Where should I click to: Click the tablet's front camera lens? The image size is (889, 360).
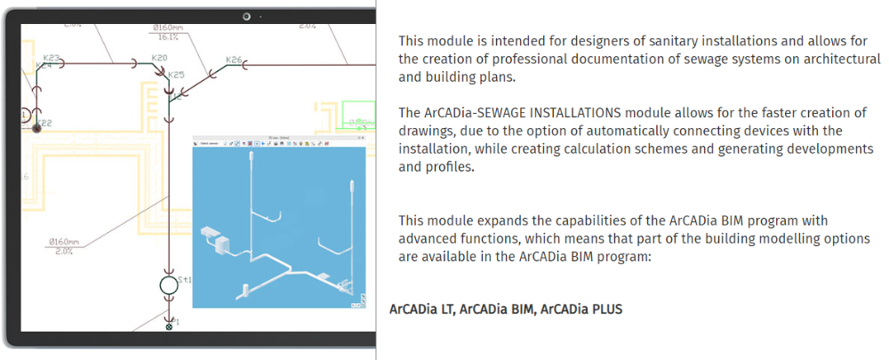coord(246,15)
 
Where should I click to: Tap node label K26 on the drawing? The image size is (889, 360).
coord(233,60)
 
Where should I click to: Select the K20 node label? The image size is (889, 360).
coord(159,58)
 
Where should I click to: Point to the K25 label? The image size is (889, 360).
coord(176,76)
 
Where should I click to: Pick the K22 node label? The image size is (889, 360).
coord(44,123)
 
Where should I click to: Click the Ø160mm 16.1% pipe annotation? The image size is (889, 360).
coord(167,32)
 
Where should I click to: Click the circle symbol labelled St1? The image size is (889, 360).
coord(168,286)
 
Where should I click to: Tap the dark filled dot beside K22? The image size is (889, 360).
coord(37,128)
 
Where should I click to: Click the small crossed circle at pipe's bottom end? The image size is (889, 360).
coord(169,327)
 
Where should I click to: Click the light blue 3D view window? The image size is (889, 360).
coord(279,228)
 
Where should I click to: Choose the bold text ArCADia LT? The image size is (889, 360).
coord(420,309)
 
